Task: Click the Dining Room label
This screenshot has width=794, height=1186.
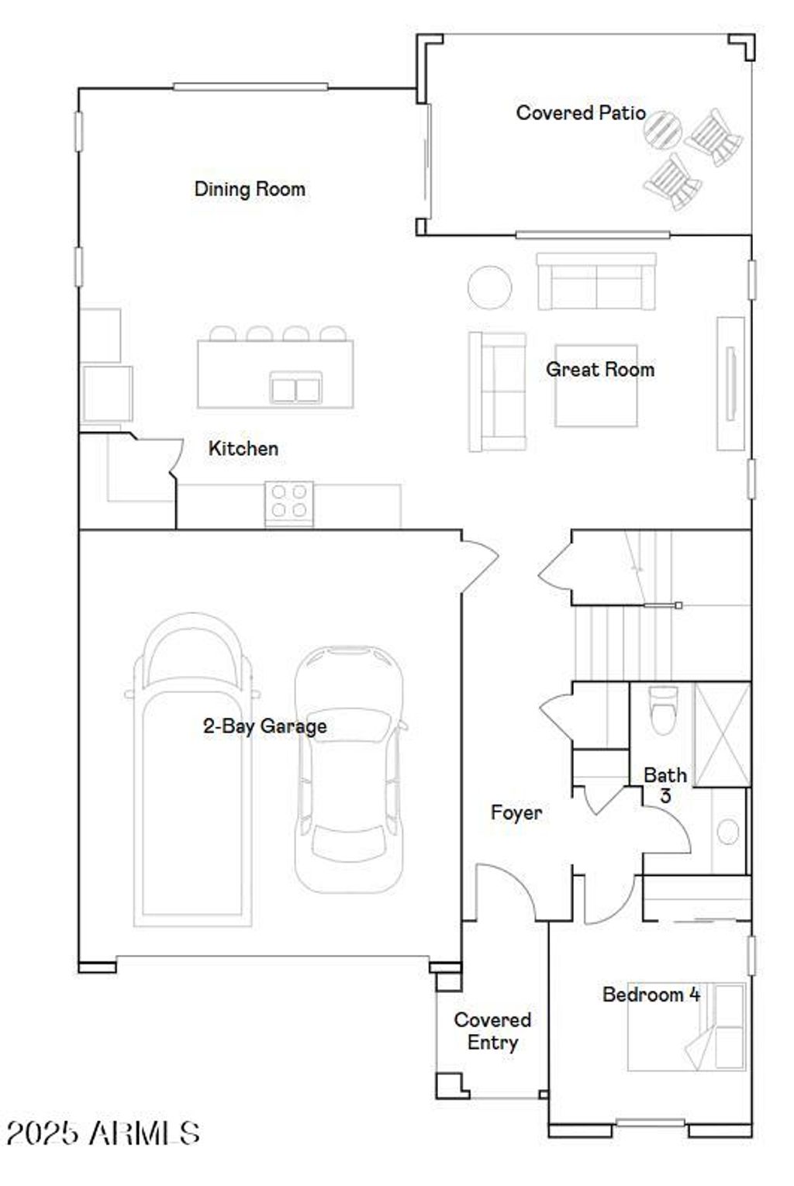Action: (x=249, y=189)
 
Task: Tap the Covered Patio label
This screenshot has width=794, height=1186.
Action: (x=580, y=113)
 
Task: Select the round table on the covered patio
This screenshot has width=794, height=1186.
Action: (x=662, y=129)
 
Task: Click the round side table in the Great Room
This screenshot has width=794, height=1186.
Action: (x=489, y=287)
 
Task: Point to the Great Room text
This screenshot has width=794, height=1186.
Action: (x=599, y=370)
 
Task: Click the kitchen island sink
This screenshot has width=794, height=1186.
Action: (x=295, y=387)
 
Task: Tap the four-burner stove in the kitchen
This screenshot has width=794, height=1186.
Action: (x=289, y=501)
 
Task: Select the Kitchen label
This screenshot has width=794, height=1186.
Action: (x=243, y=448)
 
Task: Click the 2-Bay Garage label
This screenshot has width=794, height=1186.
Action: (x=264, y=726)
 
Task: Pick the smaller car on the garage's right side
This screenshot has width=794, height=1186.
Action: (x=349, y=767)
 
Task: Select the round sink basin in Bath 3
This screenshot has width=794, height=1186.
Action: (x=727, y=832)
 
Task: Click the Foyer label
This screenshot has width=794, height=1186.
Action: (x=516, y=812)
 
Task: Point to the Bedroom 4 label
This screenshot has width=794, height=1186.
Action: (x=651, y=995)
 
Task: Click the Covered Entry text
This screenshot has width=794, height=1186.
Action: (x=492, y=1031)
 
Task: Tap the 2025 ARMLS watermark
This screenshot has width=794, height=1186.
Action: (x=102, y=1133)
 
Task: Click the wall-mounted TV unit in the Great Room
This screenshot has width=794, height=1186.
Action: (x=730, y=383)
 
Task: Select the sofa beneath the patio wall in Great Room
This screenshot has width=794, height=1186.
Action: (x=596, y=282)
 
